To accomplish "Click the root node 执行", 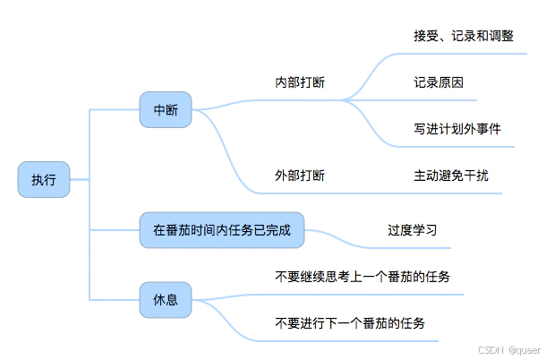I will (x=44, y=180).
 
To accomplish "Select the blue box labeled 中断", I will (x=166, y=110).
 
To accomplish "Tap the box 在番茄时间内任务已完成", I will (x=221, y=230).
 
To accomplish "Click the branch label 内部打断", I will (x=299, y=82).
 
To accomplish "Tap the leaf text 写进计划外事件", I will (x=456, y=129).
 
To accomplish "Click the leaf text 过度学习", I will (x=412, y=230).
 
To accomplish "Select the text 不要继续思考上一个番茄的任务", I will (x=362, y=277).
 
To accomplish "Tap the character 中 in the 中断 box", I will (x=159, y=110).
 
